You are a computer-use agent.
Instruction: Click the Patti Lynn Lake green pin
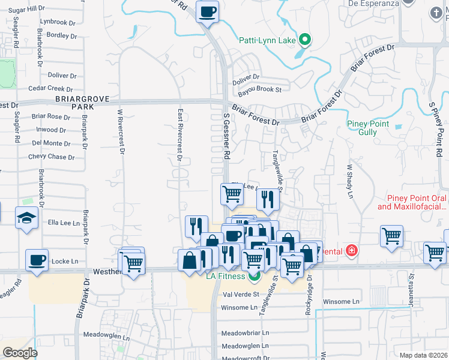(x=305, y=40)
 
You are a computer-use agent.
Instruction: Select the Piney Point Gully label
(x=368, y=128)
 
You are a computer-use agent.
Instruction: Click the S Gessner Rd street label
(x=227, y=137)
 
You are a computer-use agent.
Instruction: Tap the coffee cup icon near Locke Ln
(x=37, y=260)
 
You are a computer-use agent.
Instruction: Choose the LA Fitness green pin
(x=254, y=276)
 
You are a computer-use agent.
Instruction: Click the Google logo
(x=20, y=353)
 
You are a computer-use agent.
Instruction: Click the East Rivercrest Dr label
(x=179, y=135)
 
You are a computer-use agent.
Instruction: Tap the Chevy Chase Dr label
(x=51, y=157)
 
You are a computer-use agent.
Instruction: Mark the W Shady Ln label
(x=349, y=181)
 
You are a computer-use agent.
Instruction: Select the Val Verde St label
(x=240, y=295)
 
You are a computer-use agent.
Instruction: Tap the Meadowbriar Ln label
(x=245, y=332)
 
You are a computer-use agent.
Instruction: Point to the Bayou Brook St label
(x=259, y=90)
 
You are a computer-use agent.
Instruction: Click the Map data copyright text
(x=423, y=355)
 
